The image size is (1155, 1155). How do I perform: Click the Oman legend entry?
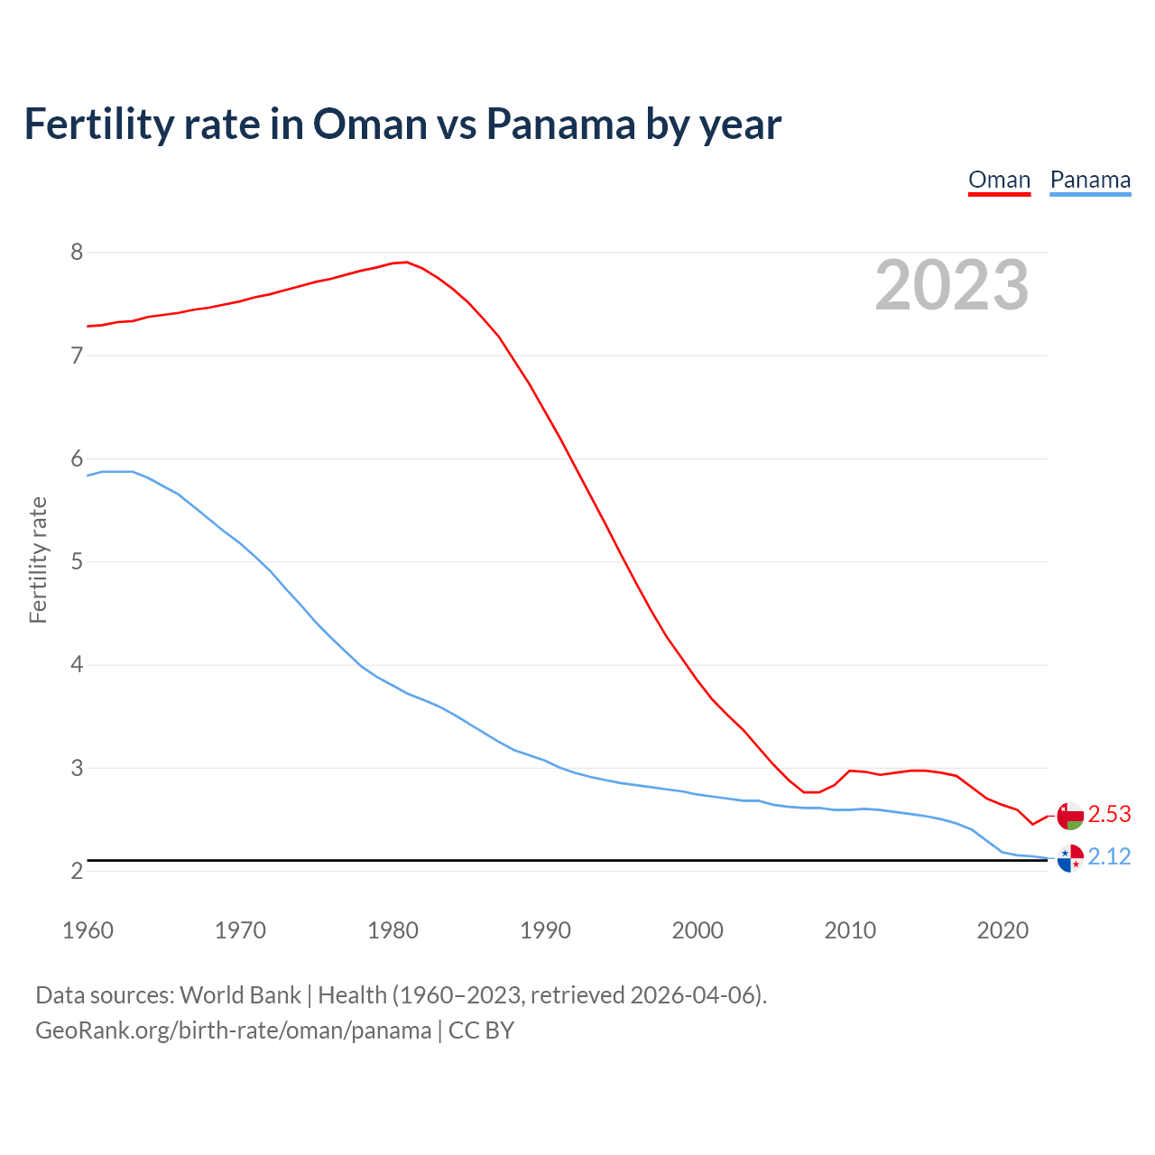(999, 180)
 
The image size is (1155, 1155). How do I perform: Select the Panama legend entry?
(1090, 180)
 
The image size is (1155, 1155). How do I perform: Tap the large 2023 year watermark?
(952, 285)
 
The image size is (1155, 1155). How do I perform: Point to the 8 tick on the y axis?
(77, 252)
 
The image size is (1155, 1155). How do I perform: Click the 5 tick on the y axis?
(77, 561)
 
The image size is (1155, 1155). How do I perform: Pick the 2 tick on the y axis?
(77, 871)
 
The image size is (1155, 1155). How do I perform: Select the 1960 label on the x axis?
(88, 930)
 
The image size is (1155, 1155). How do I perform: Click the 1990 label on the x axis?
(545, 930)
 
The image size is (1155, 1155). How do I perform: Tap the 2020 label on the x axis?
(1003, 930)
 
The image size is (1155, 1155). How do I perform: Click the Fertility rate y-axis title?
(38, 559)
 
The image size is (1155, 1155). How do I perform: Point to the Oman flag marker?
(1070, 815)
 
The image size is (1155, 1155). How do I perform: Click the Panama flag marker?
(1070, 858)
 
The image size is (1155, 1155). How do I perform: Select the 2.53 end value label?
(1109, 814)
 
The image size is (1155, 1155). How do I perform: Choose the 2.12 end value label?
(1109, 856)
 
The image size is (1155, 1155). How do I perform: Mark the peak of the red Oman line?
(407, 263)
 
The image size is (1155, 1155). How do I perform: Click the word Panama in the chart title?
(560, 124)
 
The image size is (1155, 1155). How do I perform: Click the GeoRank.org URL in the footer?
(233, 1030)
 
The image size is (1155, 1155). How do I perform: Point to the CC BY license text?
(481, 1030)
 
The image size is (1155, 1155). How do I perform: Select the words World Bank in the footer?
(240, 995)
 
